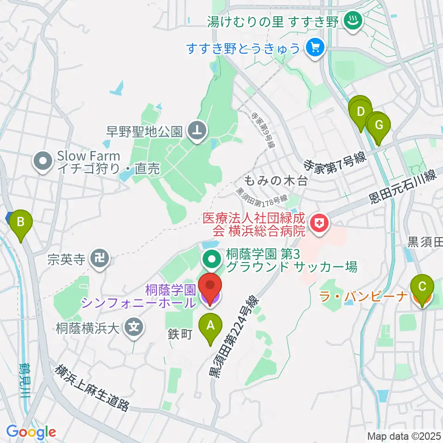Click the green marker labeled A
coord(210,326)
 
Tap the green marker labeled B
coord(21,222)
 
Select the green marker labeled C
coord(422,287)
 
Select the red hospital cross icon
coord(318,224)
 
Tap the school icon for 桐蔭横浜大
coord(134,328)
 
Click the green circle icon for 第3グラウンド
coord(212,259)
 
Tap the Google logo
coord(31,432)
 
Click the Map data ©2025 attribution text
coord(404,436)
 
